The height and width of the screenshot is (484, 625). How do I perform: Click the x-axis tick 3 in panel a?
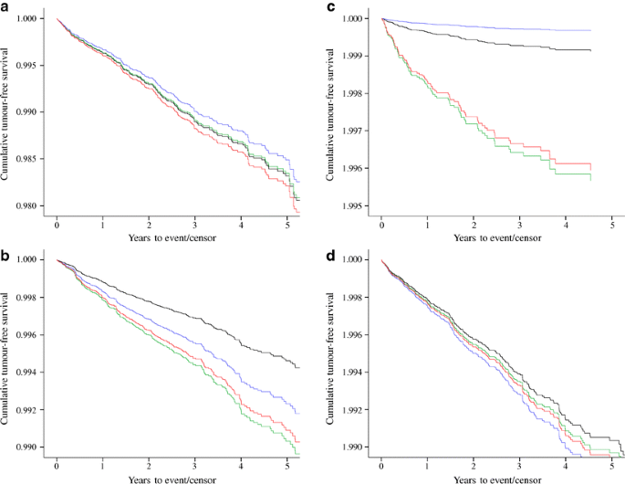pos(195,224)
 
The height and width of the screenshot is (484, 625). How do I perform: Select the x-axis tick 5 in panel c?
pos(611,224)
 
